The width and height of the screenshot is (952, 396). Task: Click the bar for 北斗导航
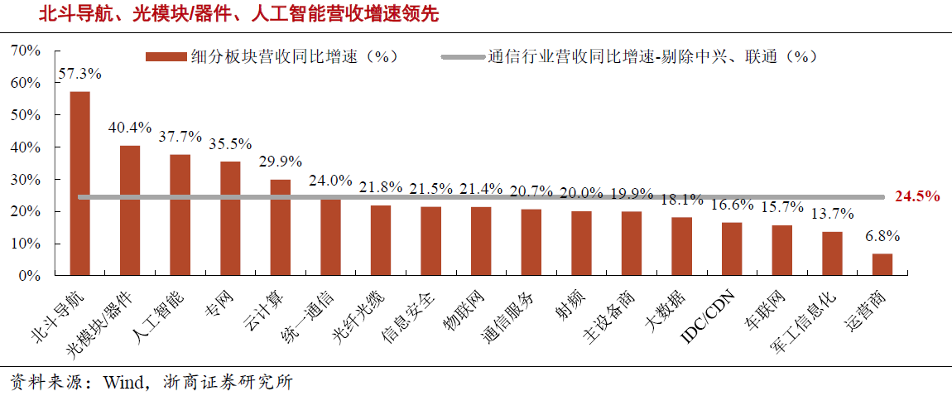point(79,183)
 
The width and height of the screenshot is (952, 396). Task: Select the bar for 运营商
point(882,264)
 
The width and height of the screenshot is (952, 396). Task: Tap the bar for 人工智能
point(180,215)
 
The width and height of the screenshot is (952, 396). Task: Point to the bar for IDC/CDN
point(732,249)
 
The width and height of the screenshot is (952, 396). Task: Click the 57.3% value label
point(80,74)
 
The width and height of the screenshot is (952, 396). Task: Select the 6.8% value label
point(882,236)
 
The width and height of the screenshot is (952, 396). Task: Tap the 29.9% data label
point(281,162)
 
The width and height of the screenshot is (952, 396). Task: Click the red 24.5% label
point(917,196)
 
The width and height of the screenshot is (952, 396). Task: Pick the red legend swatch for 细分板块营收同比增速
point(163,56)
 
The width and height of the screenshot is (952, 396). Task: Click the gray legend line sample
point(460,56)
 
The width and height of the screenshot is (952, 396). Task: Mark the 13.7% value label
point(832,214)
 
